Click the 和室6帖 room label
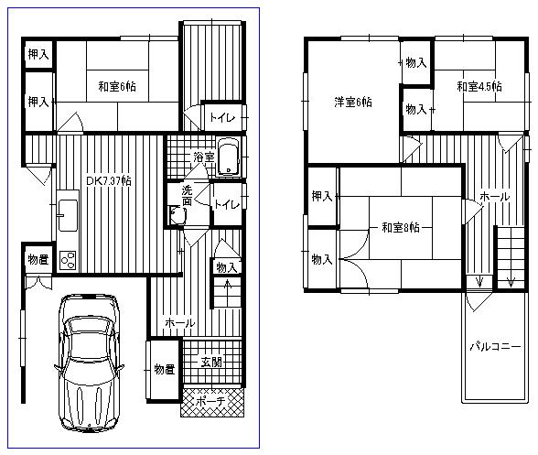click(x=120, y=88)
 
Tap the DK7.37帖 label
click(x=108, y=181)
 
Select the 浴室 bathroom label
click(x=203, y=157)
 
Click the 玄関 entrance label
click(x=212, y=363)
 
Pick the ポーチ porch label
click(x=212, y=401)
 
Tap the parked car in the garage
click(x=88, y=363)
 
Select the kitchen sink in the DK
click(x=68, y=214)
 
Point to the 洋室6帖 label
click(x=352, y=103)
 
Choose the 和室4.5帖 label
click(x=478, y=87)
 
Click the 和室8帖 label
click(x=394, y=227)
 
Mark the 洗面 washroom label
click(x=186, y=196)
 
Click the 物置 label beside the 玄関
click(x=165, y=369)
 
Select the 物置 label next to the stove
click(x=38, y=258)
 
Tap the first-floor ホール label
click(x=179, y=323)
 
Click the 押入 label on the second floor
click(x=321, y=197)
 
